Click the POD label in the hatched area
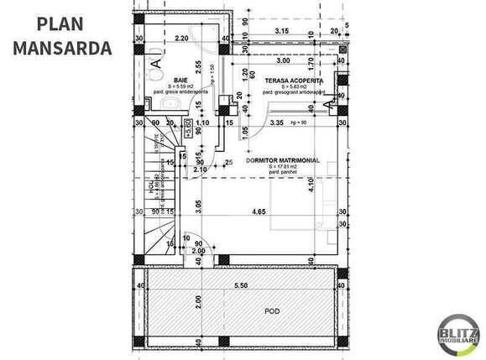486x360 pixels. coord(271,310)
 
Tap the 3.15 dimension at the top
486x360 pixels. coord(283,32)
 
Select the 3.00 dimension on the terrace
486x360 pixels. coord(284,60)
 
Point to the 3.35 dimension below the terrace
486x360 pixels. coord(277,123)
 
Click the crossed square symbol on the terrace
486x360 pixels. coord(343,50)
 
